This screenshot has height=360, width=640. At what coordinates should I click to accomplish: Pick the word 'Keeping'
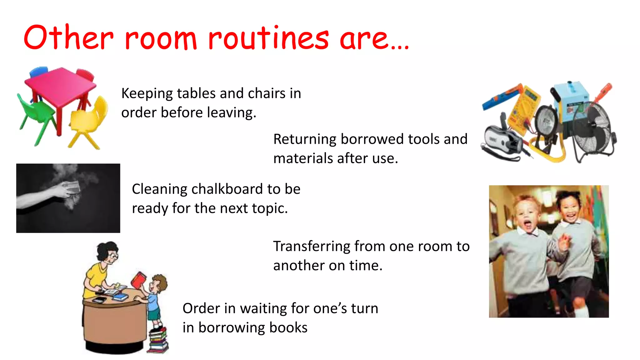147,93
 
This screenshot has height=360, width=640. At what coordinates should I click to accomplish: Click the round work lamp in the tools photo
547,120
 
